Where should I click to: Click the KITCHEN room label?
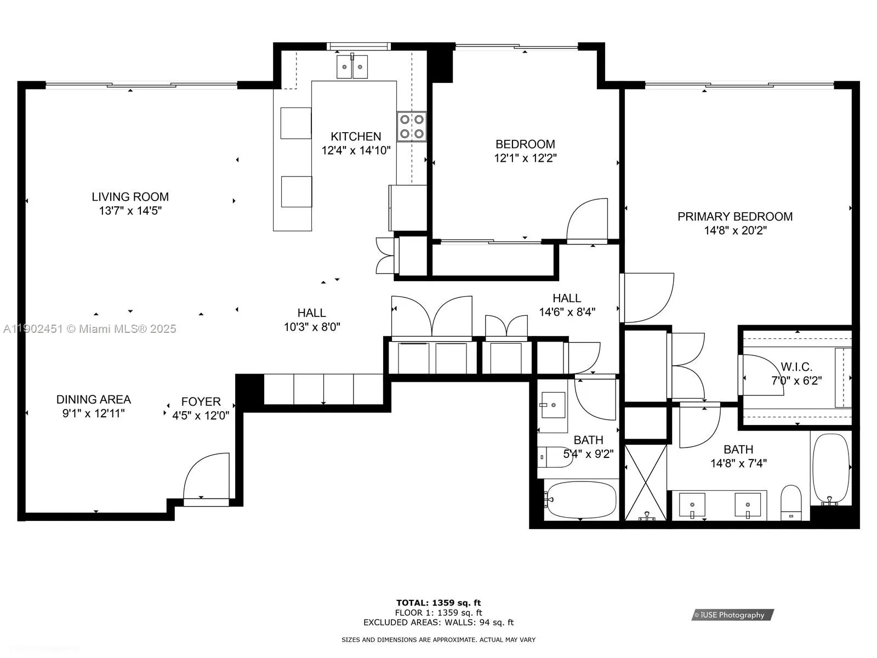click(x=356, y=137)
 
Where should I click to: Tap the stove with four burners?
click(x=412, y=127)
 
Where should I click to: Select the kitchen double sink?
click(x=352, y=67)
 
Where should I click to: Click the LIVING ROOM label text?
click(x=130, y=197)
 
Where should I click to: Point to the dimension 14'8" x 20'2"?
click(x=735, y=231)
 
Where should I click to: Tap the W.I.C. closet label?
click(x=796, y=367)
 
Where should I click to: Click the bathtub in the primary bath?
click(x=830, y=468)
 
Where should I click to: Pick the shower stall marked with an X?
click(x=646, y=482)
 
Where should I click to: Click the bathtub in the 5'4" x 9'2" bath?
click(x=581, y=500)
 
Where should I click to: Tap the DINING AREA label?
click(x=94, y=400)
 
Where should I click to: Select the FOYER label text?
click(x=201, y=402)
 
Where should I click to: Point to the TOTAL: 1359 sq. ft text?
click(x=438, y=603)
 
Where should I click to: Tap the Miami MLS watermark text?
click(x=89, y=329)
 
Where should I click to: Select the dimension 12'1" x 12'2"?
click(x=525, y=158)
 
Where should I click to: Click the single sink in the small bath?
click(x=553, y=405)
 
